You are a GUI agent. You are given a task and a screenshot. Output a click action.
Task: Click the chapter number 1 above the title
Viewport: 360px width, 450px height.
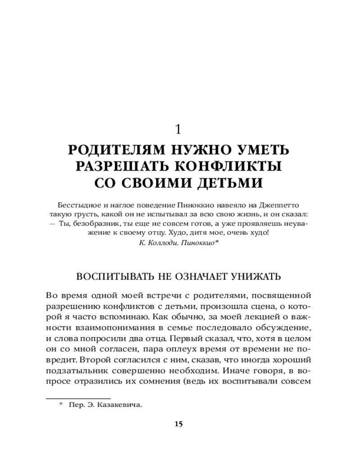(x=178, y=130)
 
